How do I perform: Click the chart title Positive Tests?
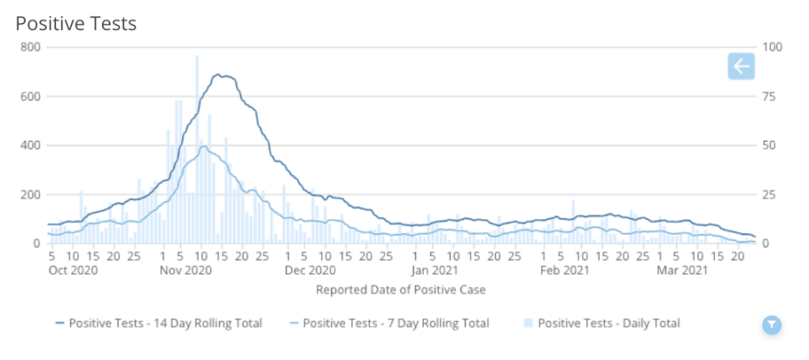point(76,24)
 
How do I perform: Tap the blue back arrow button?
point(741,66)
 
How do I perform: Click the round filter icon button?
point(772,324)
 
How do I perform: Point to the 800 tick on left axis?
point(30,47)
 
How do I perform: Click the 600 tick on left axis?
point(30,97)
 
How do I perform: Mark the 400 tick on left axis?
point(30,146)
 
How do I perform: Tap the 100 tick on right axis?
point(771,47)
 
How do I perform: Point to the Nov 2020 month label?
point(183,271)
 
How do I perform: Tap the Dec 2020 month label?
point(306,271)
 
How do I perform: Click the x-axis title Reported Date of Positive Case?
point(401,290)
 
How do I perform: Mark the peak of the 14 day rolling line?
point(220,75)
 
